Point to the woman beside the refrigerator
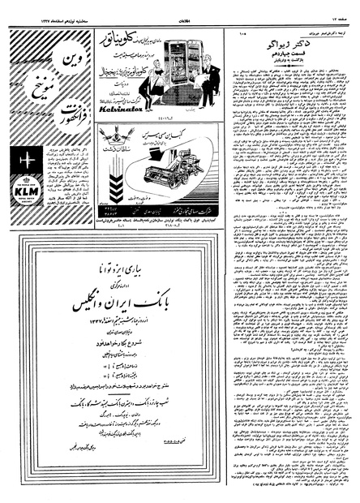tap(145, 81)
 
